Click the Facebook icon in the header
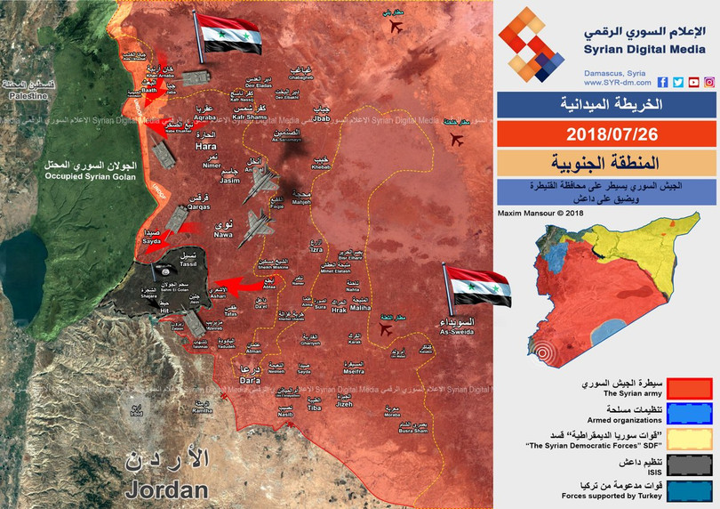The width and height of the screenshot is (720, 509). point(663,82)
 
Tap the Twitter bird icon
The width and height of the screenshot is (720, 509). point(678,82)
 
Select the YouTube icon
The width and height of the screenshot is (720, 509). point(693,82)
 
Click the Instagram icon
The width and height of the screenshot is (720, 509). point(709,82)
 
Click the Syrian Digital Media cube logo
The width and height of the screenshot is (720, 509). point(531,44)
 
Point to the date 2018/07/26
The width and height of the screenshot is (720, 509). point(606,133)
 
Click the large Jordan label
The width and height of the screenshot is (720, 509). point(167,489)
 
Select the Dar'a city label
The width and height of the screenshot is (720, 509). point(252,379)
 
